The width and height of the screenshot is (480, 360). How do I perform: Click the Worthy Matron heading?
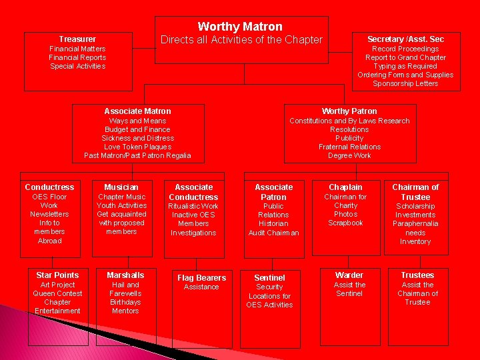pos(240,27)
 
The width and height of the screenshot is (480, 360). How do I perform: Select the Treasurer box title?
pos(77,39)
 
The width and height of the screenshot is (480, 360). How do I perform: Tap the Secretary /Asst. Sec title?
pos(405,39)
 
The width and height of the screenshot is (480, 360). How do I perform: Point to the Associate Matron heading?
pos(137,111)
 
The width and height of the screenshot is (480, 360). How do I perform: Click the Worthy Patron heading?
pos(349,111)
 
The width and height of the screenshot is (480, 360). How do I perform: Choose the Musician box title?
pos(121,187)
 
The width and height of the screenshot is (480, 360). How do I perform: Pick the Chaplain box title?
pos(345,187)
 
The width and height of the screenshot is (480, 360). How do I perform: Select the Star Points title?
pos(57,275)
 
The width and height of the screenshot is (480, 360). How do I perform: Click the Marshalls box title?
pos(125,275)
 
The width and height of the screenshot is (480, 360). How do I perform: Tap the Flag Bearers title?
pos(201,278)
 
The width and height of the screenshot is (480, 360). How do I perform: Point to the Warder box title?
pos(349,275)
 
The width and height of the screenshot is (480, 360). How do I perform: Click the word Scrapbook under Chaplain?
pos(345,223)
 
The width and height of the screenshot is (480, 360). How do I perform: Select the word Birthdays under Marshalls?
pos(125,302)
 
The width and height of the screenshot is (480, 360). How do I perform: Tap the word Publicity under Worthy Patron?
pos(349,138)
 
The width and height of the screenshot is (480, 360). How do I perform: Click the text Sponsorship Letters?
pos(405,83)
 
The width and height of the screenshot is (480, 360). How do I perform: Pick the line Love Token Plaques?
pos(137,147)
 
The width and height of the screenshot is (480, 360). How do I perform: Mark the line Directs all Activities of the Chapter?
pos(241,40)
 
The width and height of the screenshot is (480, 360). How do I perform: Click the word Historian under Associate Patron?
pos(273,224)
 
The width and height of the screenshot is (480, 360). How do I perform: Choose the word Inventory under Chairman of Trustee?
pos(415,242)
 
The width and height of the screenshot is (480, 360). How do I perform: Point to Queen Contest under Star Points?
pos(57,293)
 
